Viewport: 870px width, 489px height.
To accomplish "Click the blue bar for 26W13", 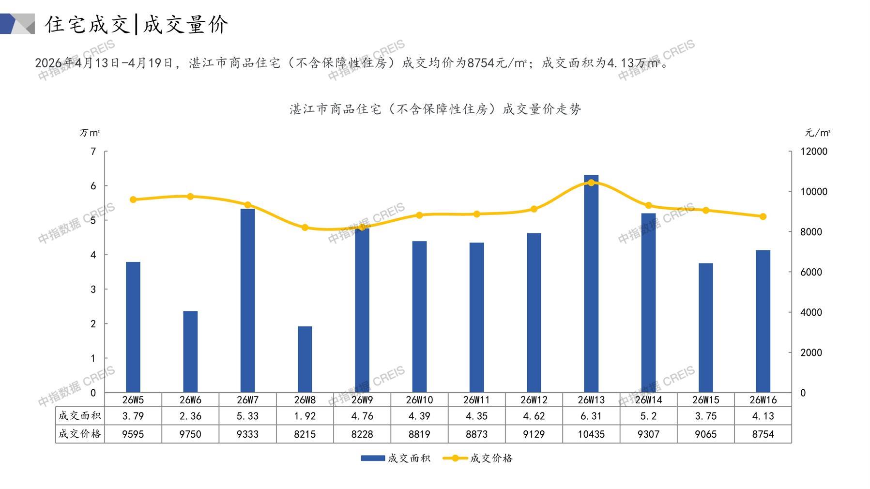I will (x=591, y=284).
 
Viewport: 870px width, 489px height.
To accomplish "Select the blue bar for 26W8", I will (x=305, y=359).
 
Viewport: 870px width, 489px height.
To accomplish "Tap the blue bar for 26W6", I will (x=190, y=351).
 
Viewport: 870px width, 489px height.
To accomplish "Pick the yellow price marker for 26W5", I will (x=133, y=199).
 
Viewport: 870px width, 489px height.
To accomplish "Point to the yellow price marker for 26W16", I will (x=763, y=216).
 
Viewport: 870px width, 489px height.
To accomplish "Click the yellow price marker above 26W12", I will (x=534, y=209).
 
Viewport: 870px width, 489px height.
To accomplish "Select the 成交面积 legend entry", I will (x=396, y=458).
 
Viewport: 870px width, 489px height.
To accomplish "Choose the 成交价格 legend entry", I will (x=478, y=458).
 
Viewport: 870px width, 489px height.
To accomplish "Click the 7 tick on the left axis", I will (x=93, y=152).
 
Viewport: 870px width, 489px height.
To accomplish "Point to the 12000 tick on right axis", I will (x=814, y=152).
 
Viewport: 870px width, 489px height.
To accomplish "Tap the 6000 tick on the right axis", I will (x=811, y=272).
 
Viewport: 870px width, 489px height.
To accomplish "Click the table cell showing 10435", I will (x=591, y=434).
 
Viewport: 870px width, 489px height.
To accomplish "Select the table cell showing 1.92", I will (x=305, y=416).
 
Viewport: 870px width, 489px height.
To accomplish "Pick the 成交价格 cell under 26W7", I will (x=247, y=434).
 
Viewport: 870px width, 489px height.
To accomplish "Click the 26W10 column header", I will (x=419, y=400).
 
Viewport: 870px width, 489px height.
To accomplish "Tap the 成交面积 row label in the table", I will (x=80, y=416).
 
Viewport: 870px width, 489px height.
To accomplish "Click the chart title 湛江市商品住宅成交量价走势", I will (x=435, y=109).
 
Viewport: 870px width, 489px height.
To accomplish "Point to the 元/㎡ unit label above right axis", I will (x=817, y=133).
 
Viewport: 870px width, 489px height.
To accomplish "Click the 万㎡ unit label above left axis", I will (x=90, y=133).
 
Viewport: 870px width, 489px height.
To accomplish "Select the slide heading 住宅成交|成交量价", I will (x=137, y=24).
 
